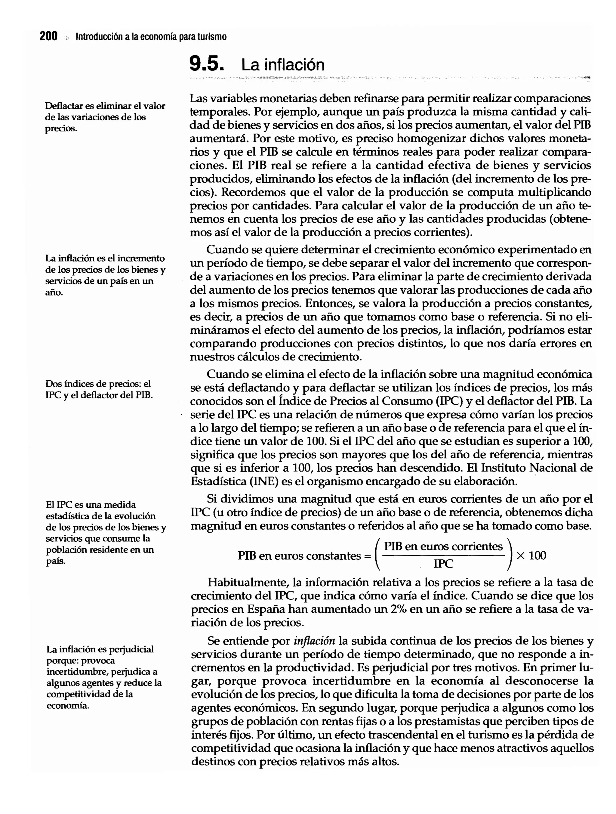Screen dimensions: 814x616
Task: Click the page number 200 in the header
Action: click(48, 36)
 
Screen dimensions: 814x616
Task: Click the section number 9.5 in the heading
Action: click(206, 64)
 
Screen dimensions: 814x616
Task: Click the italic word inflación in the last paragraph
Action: click(314, 641)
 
